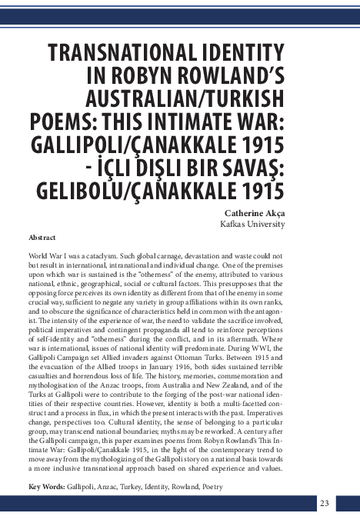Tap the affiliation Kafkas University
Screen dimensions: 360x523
click(x=252, y=224)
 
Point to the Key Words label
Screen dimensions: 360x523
click(x=46, y=487)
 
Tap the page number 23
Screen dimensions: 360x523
click(x=324, y=503)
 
